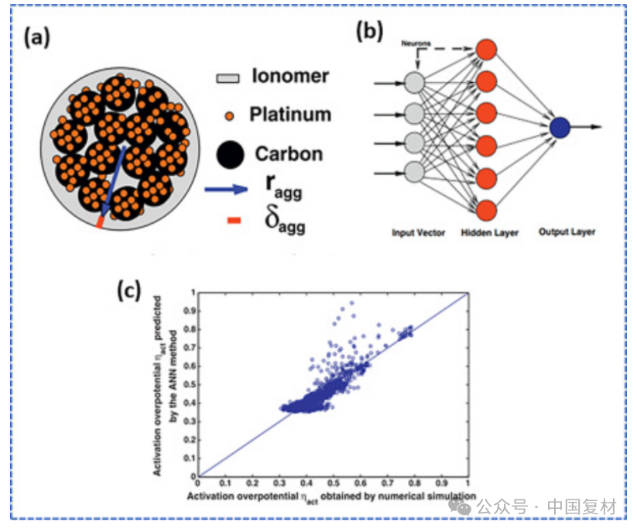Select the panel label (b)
click(370, 32)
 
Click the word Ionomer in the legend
click(290, 76)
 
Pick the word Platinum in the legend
click(290, 115)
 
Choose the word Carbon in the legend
click(289, 153)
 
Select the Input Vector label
click(418, 232)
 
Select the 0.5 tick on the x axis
click(334, 483)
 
